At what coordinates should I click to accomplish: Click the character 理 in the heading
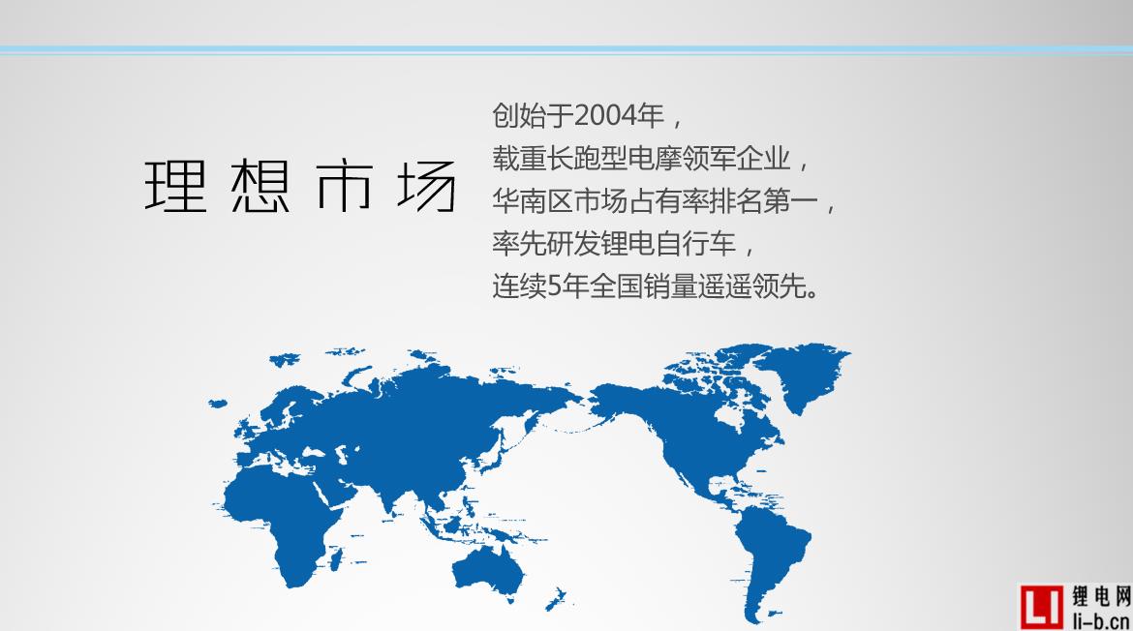[x=176, y=186]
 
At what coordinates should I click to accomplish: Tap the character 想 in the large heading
[x=260, y=186]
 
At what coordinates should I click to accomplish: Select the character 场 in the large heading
[x=426, y=186]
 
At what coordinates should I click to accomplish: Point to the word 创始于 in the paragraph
[x=533, y=115]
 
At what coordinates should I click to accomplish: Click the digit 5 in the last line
[x=554, y=286]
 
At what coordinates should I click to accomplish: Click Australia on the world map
[x=488, y=568]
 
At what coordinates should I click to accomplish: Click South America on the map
[x=767, y=556]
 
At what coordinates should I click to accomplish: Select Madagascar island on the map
[x=335, y=558]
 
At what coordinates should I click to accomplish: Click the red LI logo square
[x=1042, y=607]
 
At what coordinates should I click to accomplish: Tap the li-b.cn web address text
[x=1100, y=619]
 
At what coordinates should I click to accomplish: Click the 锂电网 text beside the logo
[x=1100, y=596]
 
